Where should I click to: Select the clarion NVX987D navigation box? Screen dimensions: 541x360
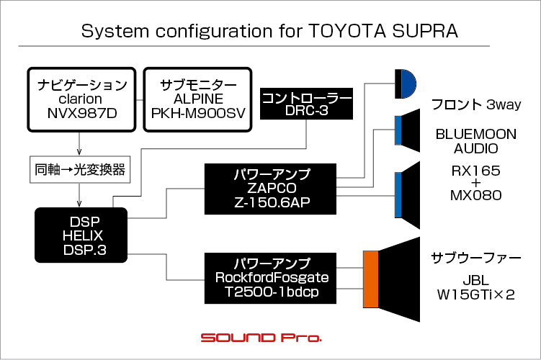coord(82,99)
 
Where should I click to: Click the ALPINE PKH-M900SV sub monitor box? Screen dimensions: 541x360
coord(197,99)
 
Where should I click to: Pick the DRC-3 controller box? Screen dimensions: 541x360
coord(306,104)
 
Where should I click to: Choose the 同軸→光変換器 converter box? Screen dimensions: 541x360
coord(80,170)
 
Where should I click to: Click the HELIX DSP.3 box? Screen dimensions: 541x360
coord(81,235)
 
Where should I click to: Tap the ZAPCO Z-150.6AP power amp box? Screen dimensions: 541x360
coord(270,189)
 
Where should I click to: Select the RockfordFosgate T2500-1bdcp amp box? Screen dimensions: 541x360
coord(270,278)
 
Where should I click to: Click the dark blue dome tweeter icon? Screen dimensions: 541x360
coord(409,84)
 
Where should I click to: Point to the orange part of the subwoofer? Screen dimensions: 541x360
coord(371,279)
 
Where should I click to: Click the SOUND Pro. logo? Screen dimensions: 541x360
coord(261,338)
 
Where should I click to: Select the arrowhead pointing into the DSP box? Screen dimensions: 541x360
coord(79,204)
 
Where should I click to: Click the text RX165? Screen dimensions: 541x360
coord(475,171)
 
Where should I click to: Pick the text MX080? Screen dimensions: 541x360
coord(475,196)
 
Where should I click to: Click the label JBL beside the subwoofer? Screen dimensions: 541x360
coord(475,280)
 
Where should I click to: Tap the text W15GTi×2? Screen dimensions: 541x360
coord(475,294)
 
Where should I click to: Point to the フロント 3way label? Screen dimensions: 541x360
coord(476,104)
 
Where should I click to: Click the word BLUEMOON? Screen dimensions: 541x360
coord(475,134)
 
